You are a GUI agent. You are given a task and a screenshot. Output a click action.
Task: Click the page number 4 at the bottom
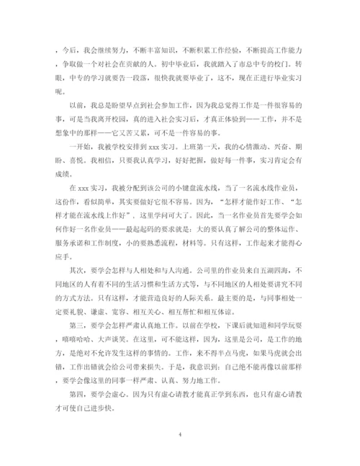[179, 435]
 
